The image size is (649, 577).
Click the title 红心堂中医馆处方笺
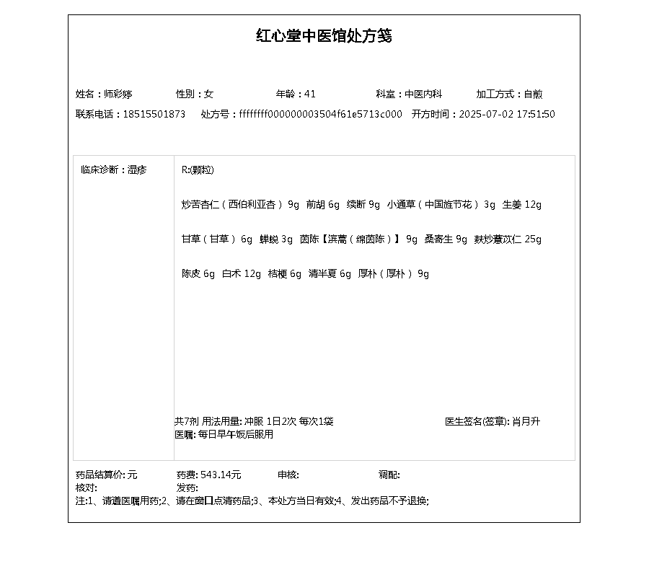[324, 36]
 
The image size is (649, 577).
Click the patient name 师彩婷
[118, 94]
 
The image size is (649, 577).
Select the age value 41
[310, 94]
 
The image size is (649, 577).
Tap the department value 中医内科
[423, 94]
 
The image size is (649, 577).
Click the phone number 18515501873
[154, 114]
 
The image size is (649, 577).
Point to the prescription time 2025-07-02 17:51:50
[507, 114]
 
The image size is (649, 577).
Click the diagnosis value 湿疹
[137, 170]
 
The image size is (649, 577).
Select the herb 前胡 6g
[322, 204]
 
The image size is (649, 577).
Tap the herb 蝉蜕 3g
[276, 239]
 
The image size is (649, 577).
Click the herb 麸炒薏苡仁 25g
[508, 239]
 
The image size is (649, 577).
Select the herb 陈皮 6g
[198, 273]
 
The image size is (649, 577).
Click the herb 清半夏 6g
[330, 273]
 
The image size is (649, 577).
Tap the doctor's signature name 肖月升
[526, 421]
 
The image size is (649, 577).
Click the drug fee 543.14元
[221, 475]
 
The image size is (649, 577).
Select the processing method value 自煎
[533, 94]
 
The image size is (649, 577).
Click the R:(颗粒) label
[198, 170]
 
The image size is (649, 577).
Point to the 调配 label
[389, 475]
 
